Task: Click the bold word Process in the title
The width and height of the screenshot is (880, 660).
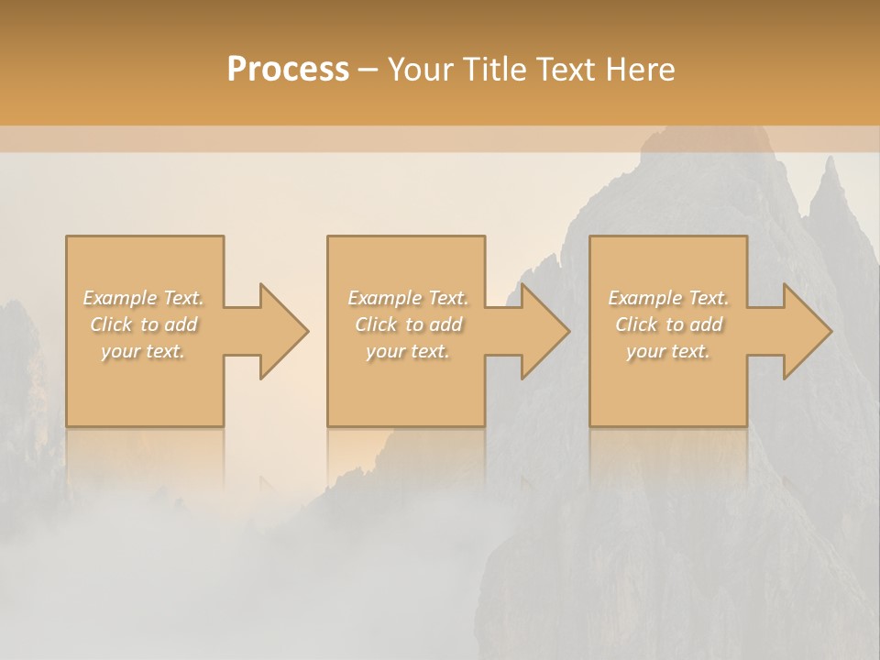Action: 288,69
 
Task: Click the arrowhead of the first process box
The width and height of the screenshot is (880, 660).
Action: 280,331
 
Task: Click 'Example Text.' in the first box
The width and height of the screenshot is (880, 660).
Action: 144,298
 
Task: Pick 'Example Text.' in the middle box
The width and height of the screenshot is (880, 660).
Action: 408,298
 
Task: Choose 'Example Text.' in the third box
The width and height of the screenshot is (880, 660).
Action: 668,298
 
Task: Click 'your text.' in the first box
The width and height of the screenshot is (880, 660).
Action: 143,351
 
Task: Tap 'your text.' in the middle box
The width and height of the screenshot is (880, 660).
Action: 408,351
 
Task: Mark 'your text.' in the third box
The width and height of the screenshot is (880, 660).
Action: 668,351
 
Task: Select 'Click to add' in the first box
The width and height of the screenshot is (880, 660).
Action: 144,324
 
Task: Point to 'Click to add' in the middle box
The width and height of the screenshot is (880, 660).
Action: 408,324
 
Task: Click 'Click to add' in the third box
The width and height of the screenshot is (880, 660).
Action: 668,324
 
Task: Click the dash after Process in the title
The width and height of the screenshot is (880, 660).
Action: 368,71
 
